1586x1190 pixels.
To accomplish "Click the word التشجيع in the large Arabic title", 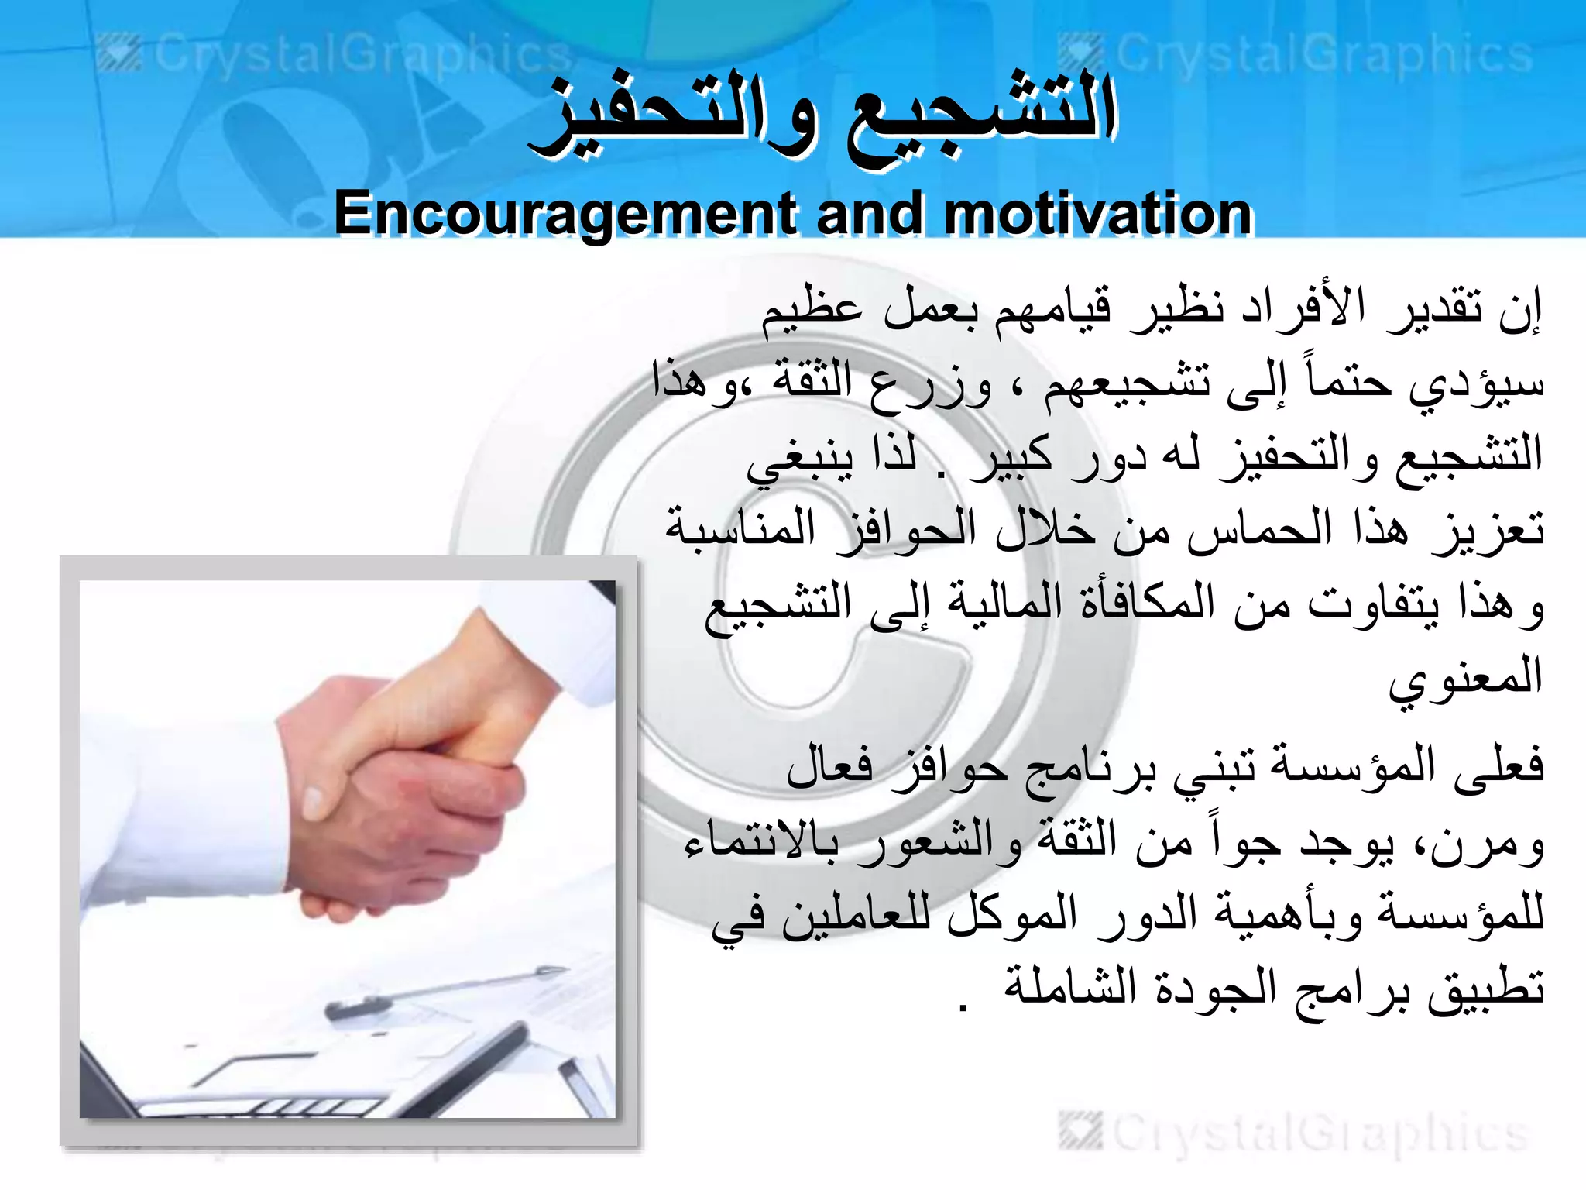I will tap(980, 116).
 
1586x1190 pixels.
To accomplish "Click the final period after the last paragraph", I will tap(963, 1007).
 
